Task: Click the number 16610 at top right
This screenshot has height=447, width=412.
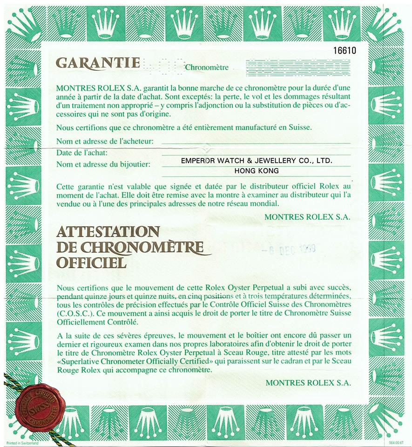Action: tap(344, 51)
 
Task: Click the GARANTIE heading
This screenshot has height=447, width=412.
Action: tap(97, 63)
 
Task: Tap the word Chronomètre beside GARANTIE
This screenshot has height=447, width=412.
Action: tap(207, 68)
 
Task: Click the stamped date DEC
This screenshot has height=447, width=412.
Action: tap(287, 248)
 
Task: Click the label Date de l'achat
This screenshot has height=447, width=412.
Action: tap(81, 153)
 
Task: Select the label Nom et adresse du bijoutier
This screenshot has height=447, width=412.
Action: tap(103, 164)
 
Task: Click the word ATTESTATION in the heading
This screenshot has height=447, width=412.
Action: tap(108, 231)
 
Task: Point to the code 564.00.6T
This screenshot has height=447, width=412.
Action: tap(395, 442)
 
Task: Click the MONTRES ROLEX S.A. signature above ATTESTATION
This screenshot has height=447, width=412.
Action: tap(307, 217)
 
